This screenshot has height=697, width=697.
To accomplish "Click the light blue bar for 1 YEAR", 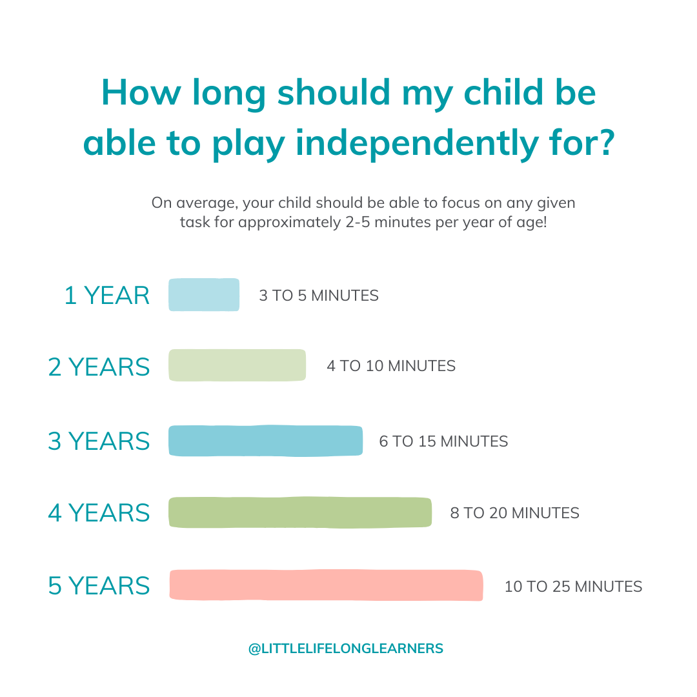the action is tap(204, 295).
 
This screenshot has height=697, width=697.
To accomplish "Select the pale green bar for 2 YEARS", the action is tap(237, 365).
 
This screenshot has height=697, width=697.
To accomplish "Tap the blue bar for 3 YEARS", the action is tap(266, 441).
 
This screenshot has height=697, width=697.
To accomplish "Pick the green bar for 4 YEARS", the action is tap(300, 512).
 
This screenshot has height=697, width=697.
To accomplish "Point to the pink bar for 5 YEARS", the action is tap(327, 585).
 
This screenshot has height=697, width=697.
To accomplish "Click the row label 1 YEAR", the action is tap(107, 296).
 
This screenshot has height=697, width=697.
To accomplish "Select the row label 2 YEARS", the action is tap(99, 367).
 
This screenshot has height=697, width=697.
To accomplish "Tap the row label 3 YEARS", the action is tap(99, 441).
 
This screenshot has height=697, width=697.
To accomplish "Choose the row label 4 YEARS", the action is tap(99, 513).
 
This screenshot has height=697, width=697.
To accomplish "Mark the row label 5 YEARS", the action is tap(99, 586).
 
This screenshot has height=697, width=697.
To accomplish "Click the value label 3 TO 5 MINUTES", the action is tap(319, 296).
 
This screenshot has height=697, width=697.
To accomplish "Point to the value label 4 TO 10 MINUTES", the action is tap(391, 366).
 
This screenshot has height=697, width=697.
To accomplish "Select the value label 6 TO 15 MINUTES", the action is tap(443, 441).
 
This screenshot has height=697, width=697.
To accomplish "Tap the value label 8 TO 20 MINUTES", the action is tap(515, 513).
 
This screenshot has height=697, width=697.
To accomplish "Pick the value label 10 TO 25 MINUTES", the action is tap(574, 587).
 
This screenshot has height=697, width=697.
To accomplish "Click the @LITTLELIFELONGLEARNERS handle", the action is tap(346, 649).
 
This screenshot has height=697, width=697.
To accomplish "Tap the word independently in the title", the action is tap(417, 143).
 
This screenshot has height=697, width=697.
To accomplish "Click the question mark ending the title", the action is tap(605, 142).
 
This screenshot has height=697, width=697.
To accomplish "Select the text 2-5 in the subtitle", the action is tap(358, 222).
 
